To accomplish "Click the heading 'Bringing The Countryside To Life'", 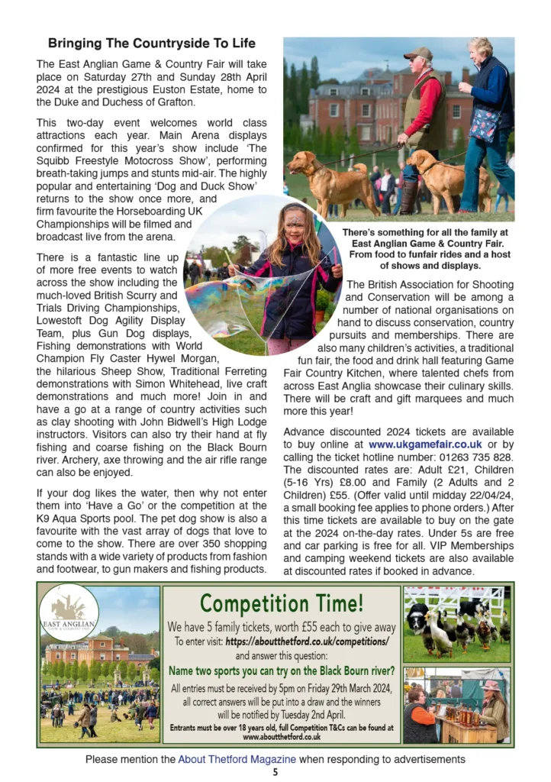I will pos(151,43).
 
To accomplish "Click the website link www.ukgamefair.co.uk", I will pos(425,444).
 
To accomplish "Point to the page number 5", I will pos(275,772).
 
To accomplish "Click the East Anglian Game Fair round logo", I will pos(69,612).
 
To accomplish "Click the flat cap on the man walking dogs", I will pos(417,53).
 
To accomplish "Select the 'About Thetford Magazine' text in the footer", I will pos(237,759).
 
